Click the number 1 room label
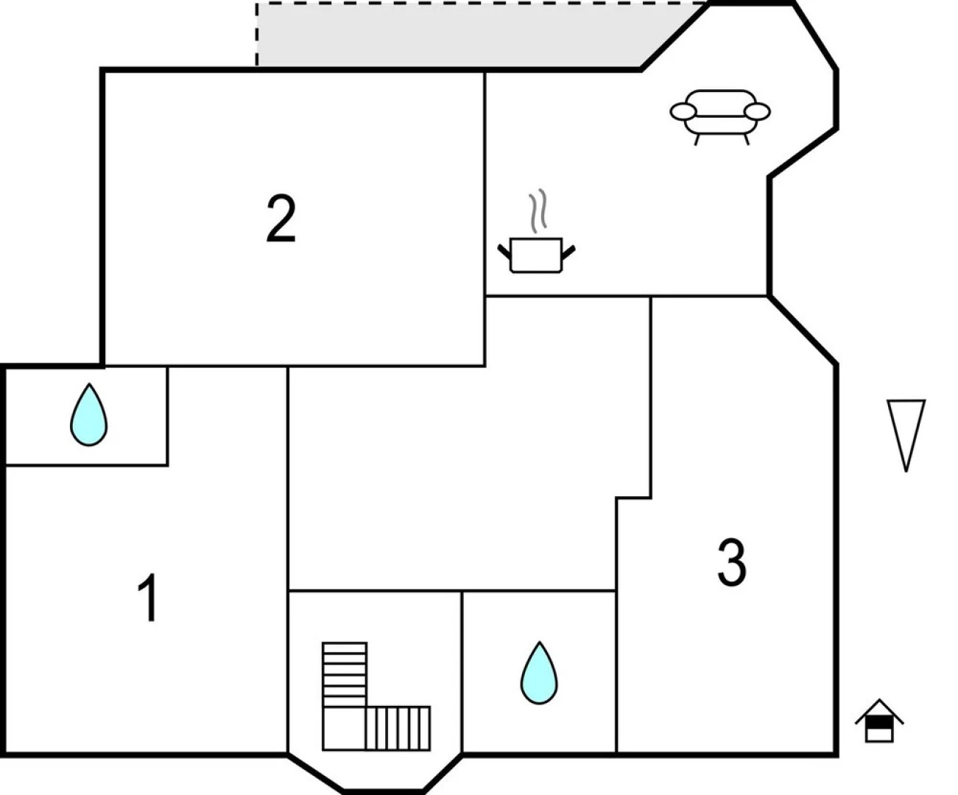149,598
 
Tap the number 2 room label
281,219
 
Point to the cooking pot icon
536,255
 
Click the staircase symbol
375,697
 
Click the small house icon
878,721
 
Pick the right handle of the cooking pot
568,252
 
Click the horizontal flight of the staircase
398,728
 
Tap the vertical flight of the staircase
344,674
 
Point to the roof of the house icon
878,710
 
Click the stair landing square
344,728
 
